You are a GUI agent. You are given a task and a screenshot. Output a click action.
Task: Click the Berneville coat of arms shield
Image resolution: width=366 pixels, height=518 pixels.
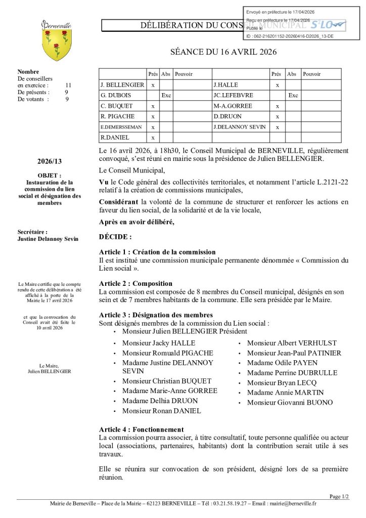(x=56, y=45)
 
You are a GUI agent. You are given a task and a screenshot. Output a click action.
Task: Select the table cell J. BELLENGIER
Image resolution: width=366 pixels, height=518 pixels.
(x=122, y=85)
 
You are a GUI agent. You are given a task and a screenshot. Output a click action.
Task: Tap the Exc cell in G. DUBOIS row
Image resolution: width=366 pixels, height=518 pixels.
(x=166, y=95)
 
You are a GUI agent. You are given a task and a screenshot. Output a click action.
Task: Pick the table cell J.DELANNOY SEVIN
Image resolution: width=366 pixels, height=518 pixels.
(x=239, y=127)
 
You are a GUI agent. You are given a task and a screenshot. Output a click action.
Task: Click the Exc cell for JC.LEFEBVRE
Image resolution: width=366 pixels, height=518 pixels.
(x=293, y=95)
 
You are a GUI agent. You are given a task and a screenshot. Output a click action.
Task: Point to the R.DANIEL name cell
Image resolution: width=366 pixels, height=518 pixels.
(x=122, y=138)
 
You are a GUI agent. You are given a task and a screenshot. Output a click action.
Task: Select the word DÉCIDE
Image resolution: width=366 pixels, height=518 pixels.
(x=115, y=236)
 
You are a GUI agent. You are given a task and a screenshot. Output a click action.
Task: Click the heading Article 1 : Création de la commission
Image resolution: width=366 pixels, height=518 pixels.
(x=157, y=252)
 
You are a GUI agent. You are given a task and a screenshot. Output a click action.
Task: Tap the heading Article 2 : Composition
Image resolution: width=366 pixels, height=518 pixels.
(x=135, y=283)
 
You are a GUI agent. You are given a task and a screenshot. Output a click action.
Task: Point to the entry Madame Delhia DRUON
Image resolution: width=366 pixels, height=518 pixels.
(x=160, y=401)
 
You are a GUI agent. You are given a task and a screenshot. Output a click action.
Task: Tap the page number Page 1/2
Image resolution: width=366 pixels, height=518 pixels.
(x=339, y=496)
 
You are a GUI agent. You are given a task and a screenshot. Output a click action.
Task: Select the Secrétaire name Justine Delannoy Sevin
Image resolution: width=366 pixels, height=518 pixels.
(x=48, y=239)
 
